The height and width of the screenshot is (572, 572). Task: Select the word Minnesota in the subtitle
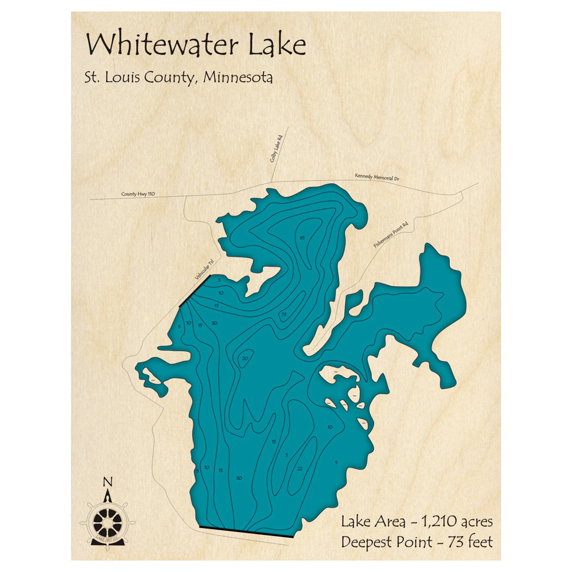[240, 78]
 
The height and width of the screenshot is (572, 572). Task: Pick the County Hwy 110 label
[138, 194]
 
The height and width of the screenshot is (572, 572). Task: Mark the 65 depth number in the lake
[303, 237]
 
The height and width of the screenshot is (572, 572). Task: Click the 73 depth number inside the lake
[283, 315]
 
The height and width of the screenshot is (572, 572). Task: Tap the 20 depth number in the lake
[245, 359]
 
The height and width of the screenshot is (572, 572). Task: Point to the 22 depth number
[299, 468]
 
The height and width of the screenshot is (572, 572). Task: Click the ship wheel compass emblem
[107, 521]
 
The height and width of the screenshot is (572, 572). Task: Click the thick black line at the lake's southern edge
[245, 532]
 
